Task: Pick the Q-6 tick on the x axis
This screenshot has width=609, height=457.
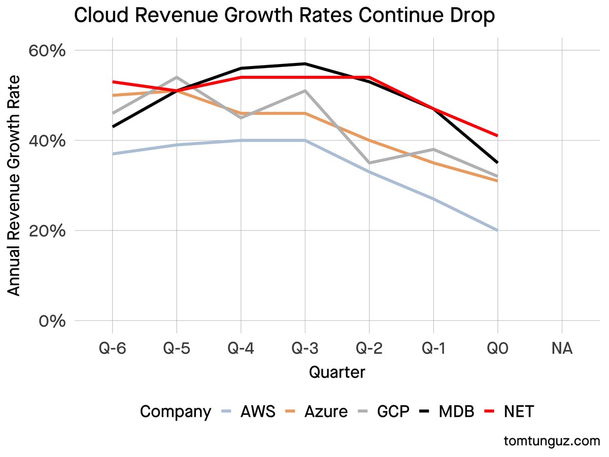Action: coord(112,349)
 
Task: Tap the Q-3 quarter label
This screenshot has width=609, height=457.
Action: coord(305,349)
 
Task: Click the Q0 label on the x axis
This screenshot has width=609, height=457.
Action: coord(497,349)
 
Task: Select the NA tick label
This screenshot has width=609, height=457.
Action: coord(562,349)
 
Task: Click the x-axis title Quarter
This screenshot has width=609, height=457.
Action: coord(337,372)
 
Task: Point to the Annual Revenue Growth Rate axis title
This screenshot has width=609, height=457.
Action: coord(15,185)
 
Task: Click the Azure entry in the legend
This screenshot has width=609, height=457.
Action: coord(326,411)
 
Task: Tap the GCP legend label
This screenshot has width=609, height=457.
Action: coord(393,411)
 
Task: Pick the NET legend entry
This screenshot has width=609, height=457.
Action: coord(519,411)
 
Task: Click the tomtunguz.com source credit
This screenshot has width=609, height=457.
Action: coord(552,441)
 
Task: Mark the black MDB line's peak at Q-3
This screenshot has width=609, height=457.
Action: coord(305,63)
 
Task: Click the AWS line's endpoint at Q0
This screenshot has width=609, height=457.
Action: coord(497,230)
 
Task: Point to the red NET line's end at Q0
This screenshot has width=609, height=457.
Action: coord(497,136)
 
